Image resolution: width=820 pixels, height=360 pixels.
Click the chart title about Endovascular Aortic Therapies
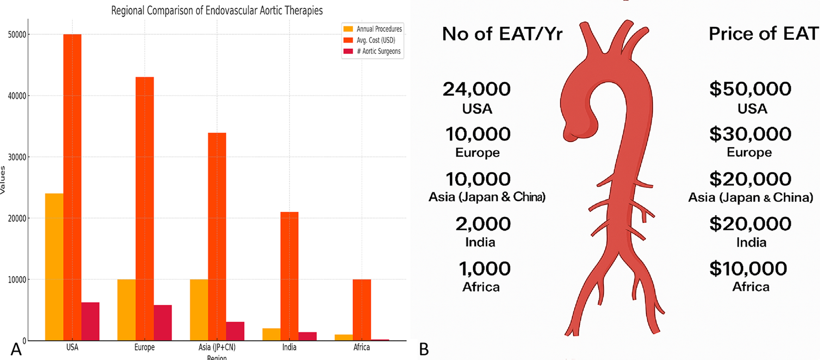217,11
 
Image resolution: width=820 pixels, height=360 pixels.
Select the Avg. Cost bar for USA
72,187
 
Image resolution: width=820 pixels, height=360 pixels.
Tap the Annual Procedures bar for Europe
126,310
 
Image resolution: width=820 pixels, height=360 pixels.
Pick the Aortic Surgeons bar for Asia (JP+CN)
235,331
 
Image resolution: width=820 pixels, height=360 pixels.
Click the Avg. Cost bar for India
289,276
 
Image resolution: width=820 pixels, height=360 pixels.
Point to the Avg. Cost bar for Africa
362,310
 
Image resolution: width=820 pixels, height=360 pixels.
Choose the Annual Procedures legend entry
373,29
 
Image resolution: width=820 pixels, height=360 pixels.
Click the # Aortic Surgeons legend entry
373,51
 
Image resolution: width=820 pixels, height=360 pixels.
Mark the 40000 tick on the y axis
17,96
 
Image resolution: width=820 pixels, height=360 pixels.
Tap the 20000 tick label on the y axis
17,218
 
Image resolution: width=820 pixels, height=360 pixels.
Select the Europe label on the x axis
144,347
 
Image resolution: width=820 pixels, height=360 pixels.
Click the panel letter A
16,349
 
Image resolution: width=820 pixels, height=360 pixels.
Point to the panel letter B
424,350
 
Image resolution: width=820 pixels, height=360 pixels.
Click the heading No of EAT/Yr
502,34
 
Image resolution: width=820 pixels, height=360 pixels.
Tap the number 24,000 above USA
477,89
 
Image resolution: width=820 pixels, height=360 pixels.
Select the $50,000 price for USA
750,89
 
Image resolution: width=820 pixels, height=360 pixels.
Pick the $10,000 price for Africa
748,269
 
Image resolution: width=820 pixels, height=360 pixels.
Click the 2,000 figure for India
483,224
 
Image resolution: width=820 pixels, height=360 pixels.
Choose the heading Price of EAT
763,34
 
